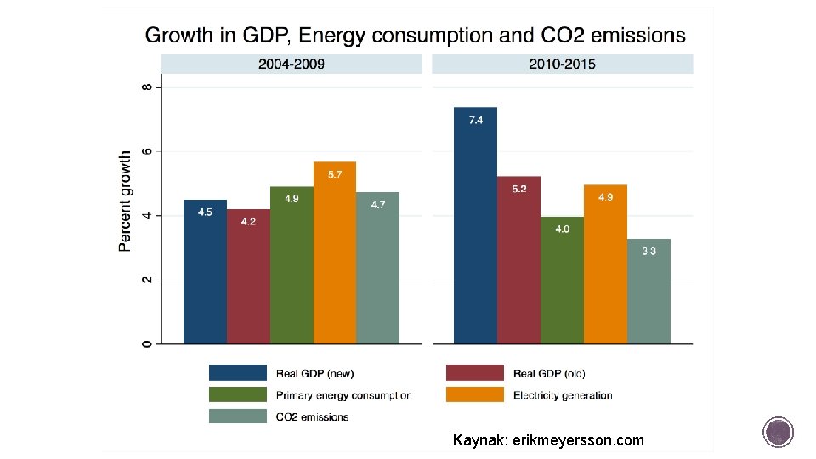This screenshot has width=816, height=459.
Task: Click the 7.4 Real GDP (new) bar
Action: coord(475,225)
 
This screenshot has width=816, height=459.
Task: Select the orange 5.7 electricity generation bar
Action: coord(334,252)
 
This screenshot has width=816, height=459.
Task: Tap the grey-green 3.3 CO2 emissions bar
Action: coord(649,291)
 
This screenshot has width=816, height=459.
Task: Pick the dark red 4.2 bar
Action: coord(248,276)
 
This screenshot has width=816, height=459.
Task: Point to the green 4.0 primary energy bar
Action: coord(562,280)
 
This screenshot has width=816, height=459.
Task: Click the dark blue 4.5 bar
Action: coord(205,271)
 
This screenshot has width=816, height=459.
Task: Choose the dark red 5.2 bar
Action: coord(518,260)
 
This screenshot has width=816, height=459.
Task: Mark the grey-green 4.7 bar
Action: coord(377,268)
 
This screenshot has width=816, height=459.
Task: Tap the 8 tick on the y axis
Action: coord(148,87)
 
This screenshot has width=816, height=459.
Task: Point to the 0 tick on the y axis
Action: coord(148,343)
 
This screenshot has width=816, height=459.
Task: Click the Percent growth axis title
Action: coord(126,201)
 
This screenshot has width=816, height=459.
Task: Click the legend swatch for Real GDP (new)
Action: coord(237,373)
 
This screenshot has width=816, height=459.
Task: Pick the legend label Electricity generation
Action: coord(563,395)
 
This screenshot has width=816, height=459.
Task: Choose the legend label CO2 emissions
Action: coord(312,416)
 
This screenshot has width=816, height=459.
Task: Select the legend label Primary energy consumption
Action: coord(343,395)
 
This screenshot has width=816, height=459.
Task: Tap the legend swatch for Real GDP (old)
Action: coord(474,373)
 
